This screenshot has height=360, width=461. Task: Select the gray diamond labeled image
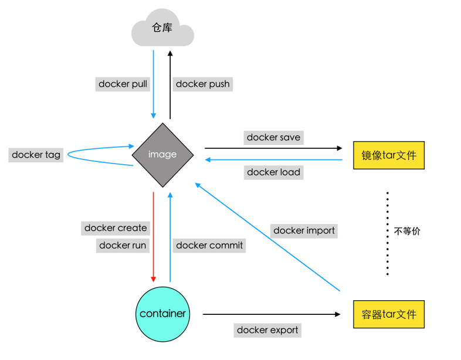coord(162,155)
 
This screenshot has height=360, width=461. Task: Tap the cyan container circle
coord(162,314)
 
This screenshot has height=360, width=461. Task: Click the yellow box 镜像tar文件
coord(388,155)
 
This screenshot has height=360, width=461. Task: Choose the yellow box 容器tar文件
coord(388,314)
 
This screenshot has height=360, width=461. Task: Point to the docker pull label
coord(123,84)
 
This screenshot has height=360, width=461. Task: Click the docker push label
coord(203,84)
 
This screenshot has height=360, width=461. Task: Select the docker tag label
coord(36,155)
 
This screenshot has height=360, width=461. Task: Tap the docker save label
coord(273,137)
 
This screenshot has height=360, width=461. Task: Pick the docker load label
coord(273,172)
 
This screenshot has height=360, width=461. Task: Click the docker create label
coord(116,227)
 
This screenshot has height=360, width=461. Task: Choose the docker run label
coord(123,245)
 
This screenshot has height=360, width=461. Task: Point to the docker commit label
coord(209,245)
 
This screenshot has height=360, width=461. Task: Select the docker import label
coord(304,230)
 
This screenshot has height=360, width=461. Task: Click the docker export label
coord(267,330)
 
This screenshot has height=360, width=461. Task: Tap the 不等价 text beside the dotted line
coord(407,231)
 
